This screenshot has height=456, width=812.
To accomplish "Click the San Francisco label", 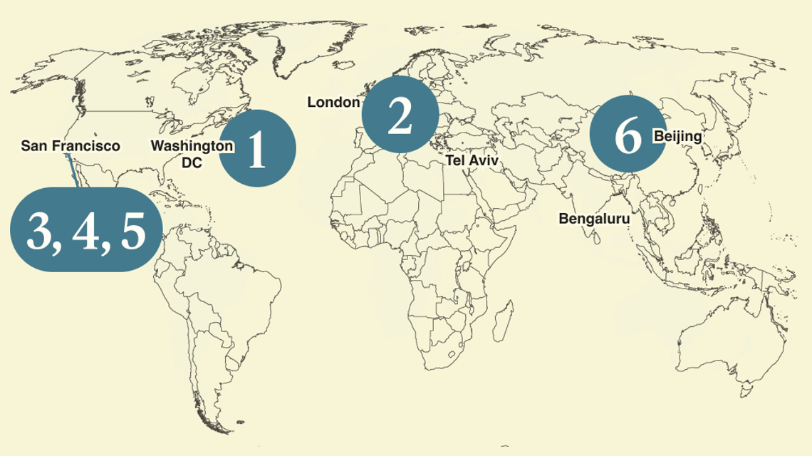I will coord(71,146).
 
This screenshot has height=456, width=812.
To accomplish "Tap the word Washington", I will coord(192,146).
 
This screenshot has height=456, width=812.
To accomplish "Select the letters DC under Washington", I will coord(192,162).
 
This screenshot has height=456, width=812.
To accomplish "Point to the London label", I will coord(333,103).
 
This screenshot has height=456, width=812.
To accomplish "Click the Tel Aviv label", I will coord(472,161).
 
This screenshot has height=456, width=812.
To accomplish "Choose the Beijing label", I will coord(678,136).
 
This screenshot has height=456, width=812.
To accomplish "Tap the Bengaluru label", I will coord(594,219).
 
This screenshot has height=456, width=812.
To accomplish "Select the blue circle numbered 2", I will coord(400,114).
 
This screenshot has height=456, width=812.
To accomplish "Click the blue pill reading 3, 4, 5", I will coord(85,229).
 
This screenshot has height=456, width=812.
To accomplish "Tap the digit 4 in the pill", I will coord(85,231).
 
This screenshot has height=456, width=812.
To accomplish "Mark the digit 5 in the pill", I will coord(133,231).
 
